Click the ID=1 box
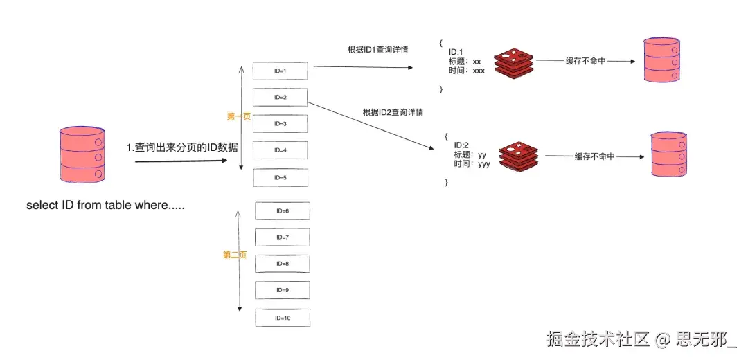280,71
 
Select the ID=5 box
280,177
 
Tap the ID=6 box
283,210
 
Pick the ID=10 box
283,318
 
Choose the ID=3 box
280,124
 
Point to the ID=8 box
283,264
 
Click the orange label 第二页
234,255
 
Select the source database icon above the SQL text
82,154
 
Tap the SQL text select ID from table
105,206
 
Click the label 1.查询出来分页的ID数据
182,147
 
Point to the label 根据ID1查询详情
377,51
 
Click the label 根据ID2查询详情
393,111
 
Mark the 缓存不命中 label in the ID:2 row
594,157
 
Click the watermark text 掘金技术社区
597,339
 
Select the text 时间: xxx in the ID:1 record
466,71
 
